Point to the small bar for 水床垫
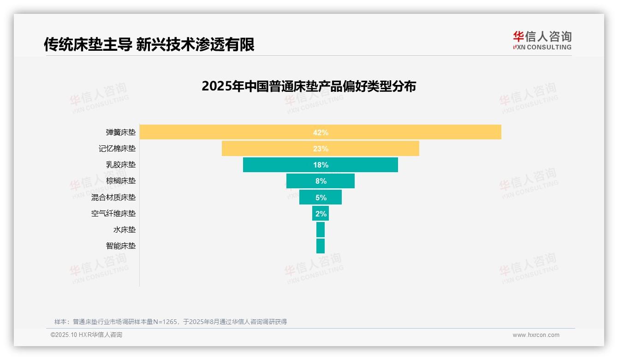click(321, 230)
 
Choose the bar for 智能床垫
click(321, 246)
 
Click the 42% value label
click(321, 132)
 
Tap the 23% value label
click(321, 149)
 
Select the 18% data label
click(321, 165)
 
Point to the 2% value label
click(321, 214)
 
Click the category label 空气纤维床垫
click(113, 214)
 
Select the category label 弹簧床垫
click(121, 132)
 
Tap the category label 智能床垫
click(121, 246)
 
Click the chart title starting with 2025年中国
click(309, 86)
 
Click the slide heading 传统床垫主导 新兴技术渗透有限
click(149, 44)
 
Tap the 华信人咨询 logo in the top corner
click(542, 41)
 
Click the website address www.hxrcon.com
click(536, 335)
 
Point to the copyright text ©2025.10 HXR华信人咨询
click(86, 335)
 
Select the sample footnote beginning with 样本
click(171, 322)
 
